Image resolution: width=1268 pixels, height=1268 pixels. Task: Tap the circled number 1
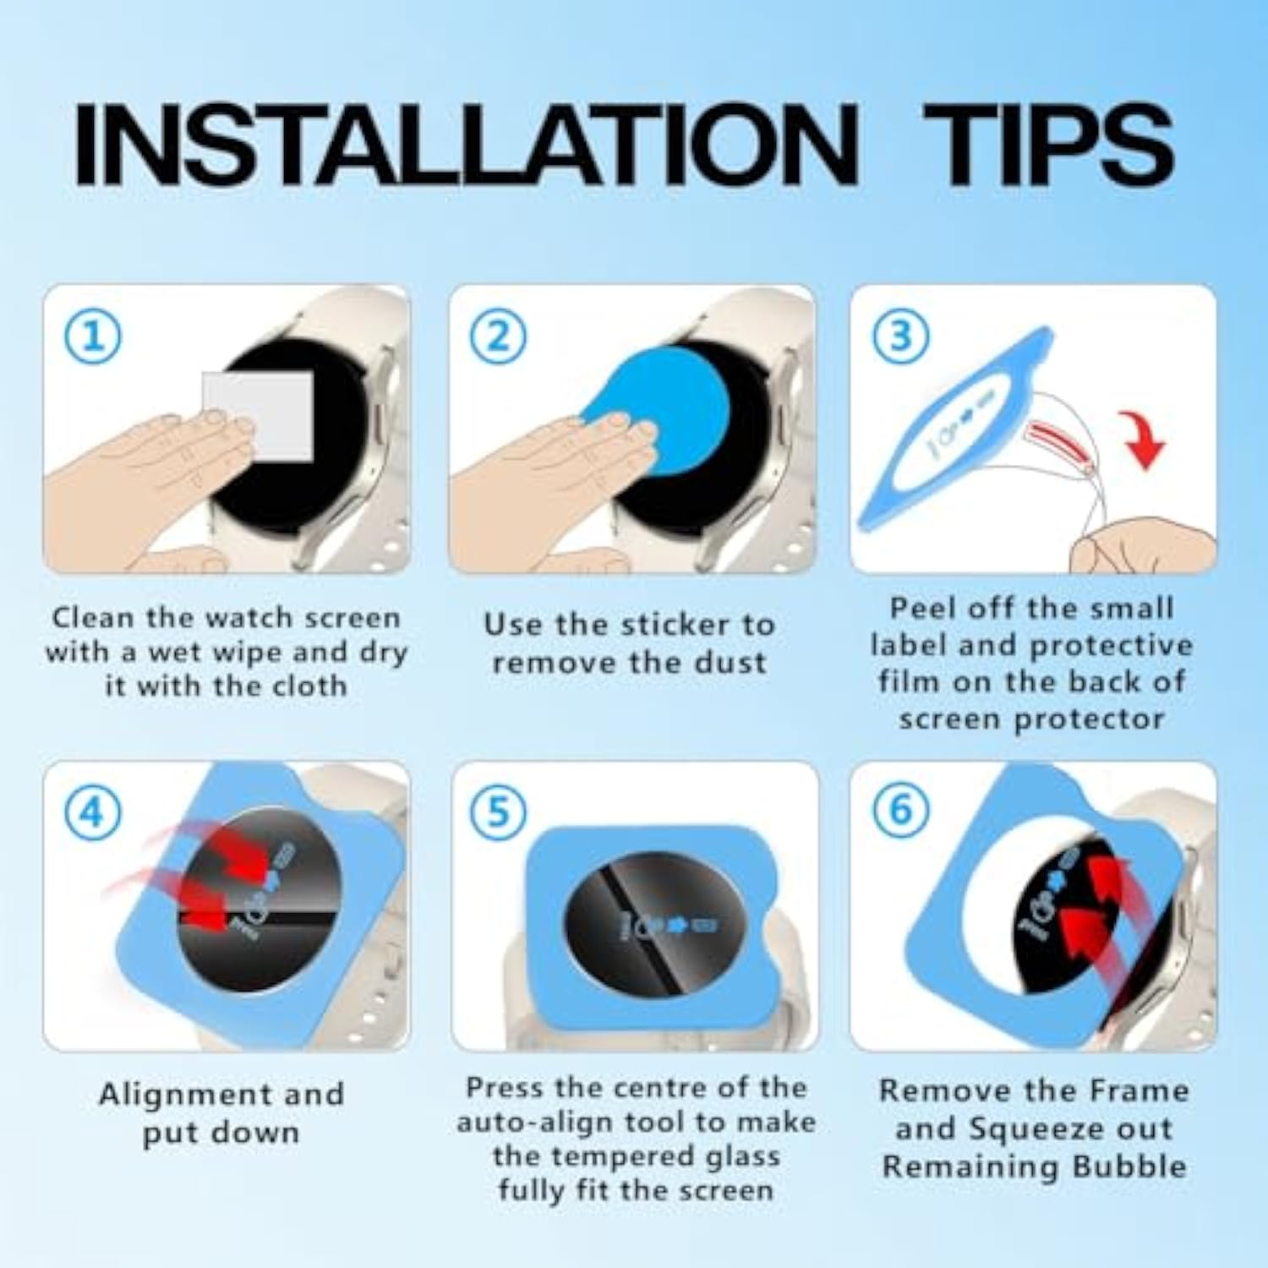pyautogui.click(x=93, y=336)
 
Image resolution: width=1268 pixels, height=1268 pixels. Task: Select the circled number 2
pyautogui.click(x=498, y=336)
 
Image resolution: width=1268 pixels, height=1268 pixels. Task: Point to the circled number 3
pyautogui.click(x=900, y=336)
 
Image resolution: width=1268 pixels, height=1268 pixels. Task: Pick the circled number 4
pyautogui.click(x=93, y=812)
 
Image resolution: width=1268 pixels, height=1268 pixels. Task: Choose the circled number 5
pyautogui.click(x=498, y=812)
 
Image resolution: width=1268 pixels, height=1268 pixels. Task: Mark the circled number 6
pyautogui.click(x=900, y=812)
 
